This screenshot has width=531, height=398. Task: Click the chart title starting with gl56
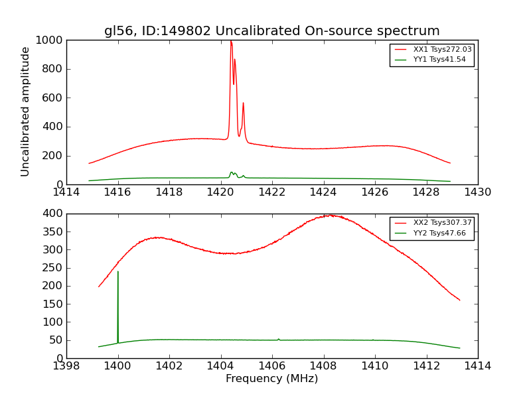271,31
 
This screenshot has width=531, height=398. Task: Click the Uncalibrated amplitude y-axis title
26,111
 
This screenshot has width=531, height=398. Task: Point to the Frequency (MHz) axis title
271,379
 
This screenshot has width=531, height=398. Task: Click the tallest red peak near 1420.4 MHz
231,42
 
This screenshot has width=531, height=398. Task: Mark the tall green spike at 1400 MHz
118,271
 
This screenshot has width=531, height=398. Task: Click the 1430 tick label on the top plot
477,192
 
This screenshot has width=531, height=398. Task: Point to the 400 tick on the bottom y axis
54,214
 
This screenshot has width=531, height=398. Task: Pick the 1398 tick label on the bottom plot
66,366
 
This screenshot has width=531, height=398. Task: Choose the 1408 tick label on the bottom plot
323,366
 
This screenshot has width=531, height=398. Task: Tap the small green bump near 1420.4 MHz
232,172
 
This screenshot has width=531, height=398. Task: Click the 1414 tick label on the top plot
66,192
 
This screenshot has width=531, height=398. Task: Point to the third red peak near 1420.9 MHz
243,103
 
